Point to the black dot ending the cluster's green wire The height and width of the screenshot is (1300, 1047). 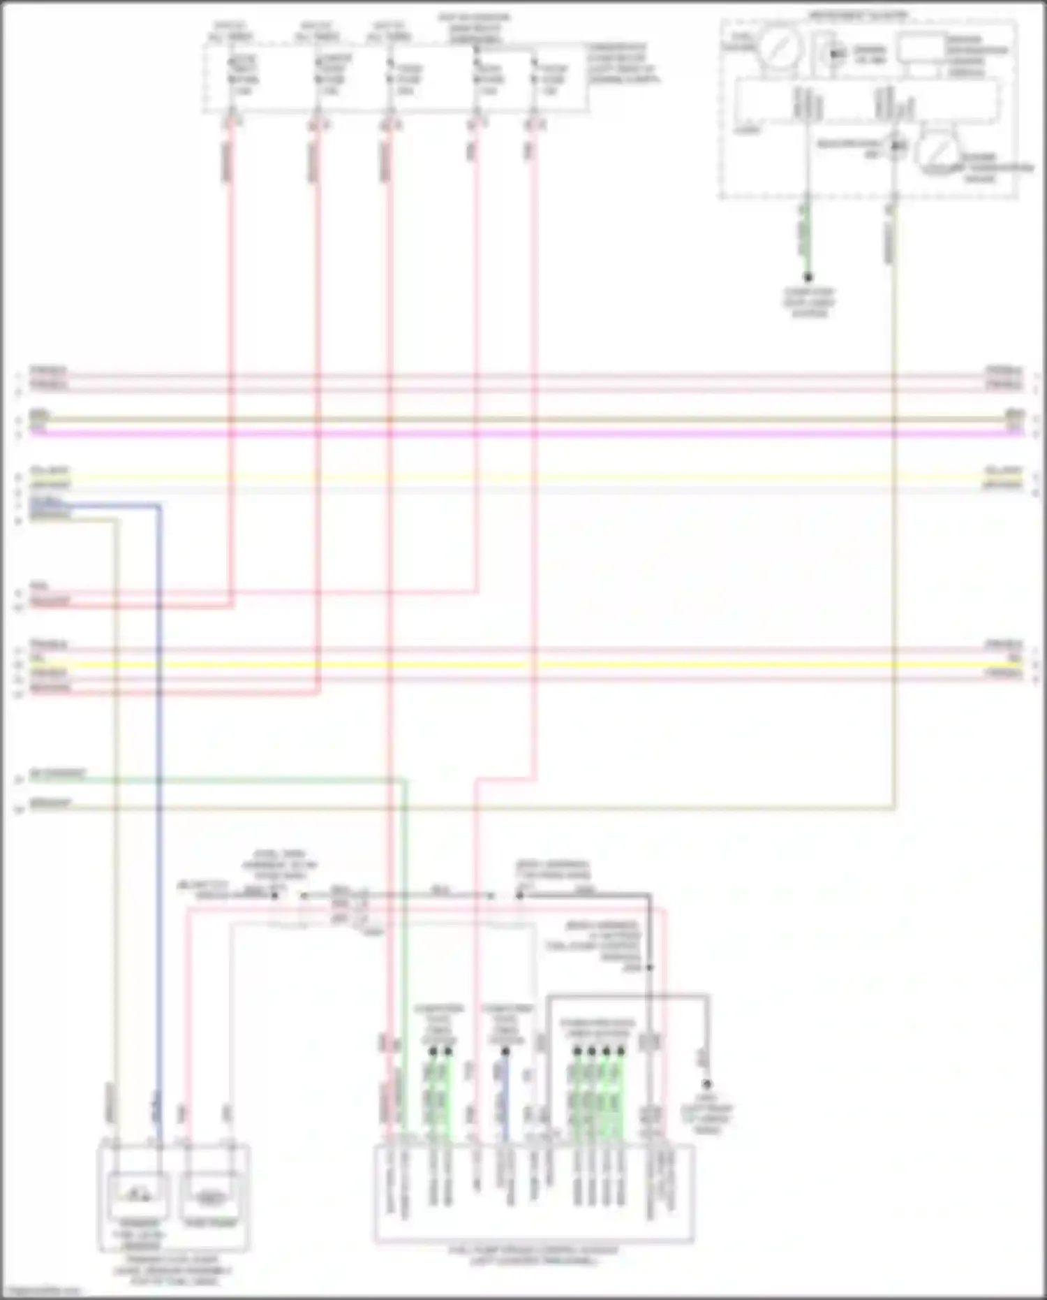[x=808, y=277]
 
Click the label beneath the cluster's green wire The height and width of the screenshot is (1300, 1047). [x=808, y=302]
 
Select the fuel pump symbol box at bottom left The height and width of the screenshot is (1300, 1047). [x=208, y=1196]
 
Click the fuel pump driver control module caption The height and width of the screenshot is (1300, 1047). [x=534, y=1255]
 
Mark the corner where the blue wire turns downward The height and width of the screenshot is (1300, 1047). [x=160, y=505]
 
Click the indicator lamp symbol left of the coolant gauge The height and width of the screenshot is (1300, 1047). [x=896, y=146]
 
